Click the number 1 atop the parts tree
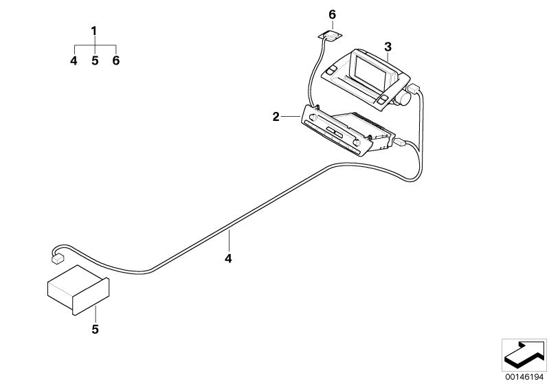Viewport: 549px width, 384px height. pos(93,31)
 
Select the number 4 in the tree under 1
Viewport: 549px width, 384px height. pos(74,60)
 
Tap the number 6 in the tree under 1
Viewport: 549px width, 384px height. pos(116,60)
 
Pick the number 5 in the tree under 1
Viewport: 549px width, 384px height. pos(95,60)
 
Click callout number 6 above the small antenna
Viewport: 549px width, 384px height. pos(333,14)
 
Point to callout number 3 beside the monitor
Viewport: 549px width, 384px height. pos(388,47)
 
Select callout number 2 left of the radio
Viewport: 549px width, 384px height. pos(276,117)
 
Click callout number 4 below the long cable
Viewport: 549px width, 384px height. pos(228,259)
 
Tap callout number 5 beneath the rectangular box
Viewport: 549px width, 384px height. pos(95,330)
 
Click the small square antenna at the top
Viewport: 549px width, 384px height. pos(330,36)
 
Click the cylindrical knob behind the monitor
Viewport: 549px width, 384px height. pos(405,98)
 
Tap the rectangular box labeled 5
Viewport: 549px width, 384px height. pos(78,290)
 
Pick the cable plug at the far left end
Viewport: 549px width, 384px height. pos(58,259)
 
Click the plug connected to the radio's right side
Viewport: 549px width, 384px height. pos(399,142)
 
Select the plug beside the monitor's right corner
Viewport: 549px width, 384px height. pos(414,88)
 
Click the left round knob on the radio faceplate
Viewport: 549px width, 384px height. pos(313,118)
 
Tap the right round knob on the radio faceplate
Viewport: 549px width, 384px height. pos(357,143)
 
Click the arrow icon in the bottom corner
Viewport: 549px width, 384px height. pos(524,354)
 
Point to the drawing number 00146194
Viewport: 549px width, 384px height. pos(524,377)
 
